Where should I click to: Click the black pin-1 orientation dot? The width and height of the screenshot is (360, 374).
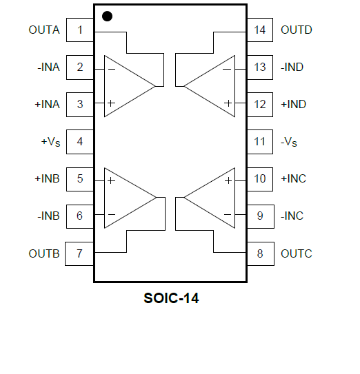coord(107,17)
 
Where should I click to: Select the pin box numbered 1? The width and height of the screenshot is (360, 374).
coord(80,30)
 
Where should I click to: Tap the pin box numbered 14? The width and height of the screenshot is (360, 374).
coord(260,30)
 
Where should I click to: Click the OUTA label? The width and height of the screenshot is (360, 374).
coord(44,30)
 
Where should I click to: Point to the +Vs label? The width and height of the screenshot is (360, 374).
coord(50,142)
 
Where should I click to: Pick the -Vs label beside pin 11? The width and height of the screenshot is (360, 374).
coord(289,142)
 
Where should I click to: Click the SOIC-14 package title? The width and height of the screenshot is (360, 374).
coord(171,298)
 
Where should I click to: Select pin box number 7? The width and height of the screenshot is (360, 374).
coord(79,253)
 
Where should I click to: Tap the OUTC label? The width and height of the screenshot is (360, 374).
coord(297,253)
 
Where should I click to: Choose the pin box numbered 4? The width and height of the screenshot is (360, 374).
coord(80,142)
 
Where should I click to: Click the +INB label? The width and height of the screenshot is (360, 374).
coord(48,178)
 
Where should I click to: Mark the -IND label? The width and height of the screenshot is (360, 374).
coord(292,67)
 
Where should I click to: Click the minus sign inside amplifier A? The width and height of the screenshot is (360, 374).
coord(112,70)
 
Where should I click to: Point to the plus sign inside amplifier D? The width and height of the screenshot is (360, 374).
coord(228,103)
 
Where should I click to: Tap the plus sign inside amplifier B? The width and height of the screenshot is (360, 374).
coord(111,180)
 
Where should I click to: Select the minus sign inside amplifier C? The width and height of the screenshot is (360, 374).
coord(228,215)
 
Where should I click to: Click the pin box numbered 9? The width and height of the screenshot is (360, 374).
coord(261,216)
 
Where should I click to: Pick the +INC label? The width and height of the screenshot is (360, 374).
coord(293,178)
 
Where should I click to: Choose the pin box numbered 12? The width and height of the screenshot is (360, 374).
coord(260,105)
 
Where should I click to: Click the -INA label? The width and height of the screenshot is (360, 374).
coord(48,67)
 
